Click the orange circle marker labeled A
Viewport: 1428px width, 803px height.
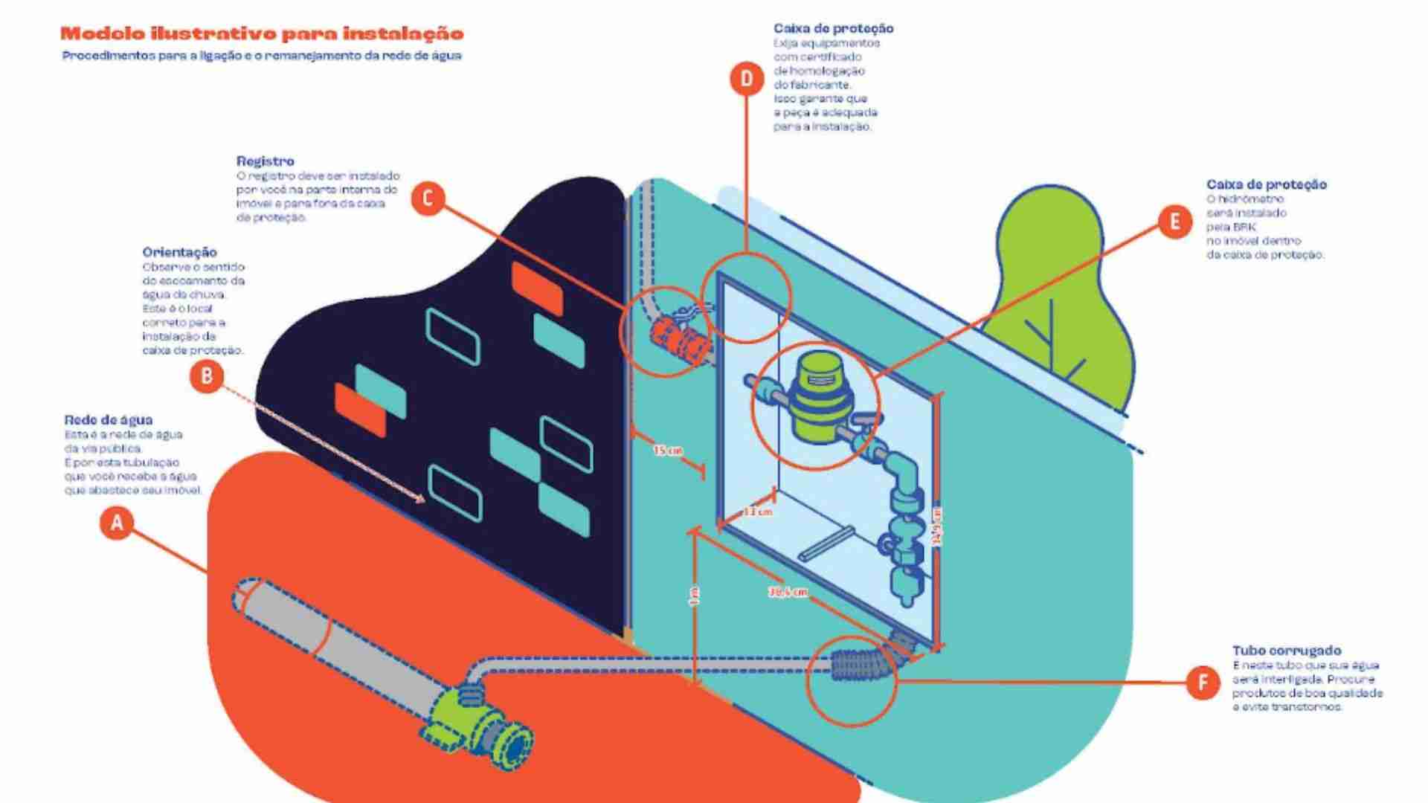[117, 523]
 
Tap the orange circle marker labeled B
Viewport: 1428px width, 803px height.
[206, 376]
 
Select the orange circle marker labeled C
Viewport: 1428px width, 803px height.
[428, 199]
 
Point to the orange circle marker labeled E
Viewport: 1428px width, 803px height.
[1175, 222]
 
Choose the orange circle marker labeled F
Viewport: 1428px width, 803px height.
[1203, 682]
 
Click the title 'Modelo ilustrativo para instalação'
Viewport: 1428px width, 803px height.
[262, 33]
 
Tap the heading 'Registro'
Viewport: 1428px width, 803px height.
[266, 161]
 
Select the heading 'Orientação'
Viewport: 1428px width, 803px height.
[180, 252]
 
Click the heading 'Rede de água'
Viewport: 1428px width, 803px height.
[109, 420]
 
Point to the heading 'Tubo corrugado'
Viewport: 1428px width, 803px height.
[1287, 651]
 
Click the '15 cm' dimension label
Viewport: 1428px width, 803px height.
[667, 451]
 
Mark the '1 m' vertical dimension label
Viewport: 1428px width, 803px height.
[695, 596]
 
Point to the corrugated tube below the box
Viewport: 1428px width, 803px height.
[863, 665]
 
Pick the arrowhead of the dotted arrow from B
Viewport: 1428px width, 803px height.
[422, 499]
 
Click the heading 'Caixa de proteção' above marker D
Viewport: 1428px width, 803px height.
[833, 28]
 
